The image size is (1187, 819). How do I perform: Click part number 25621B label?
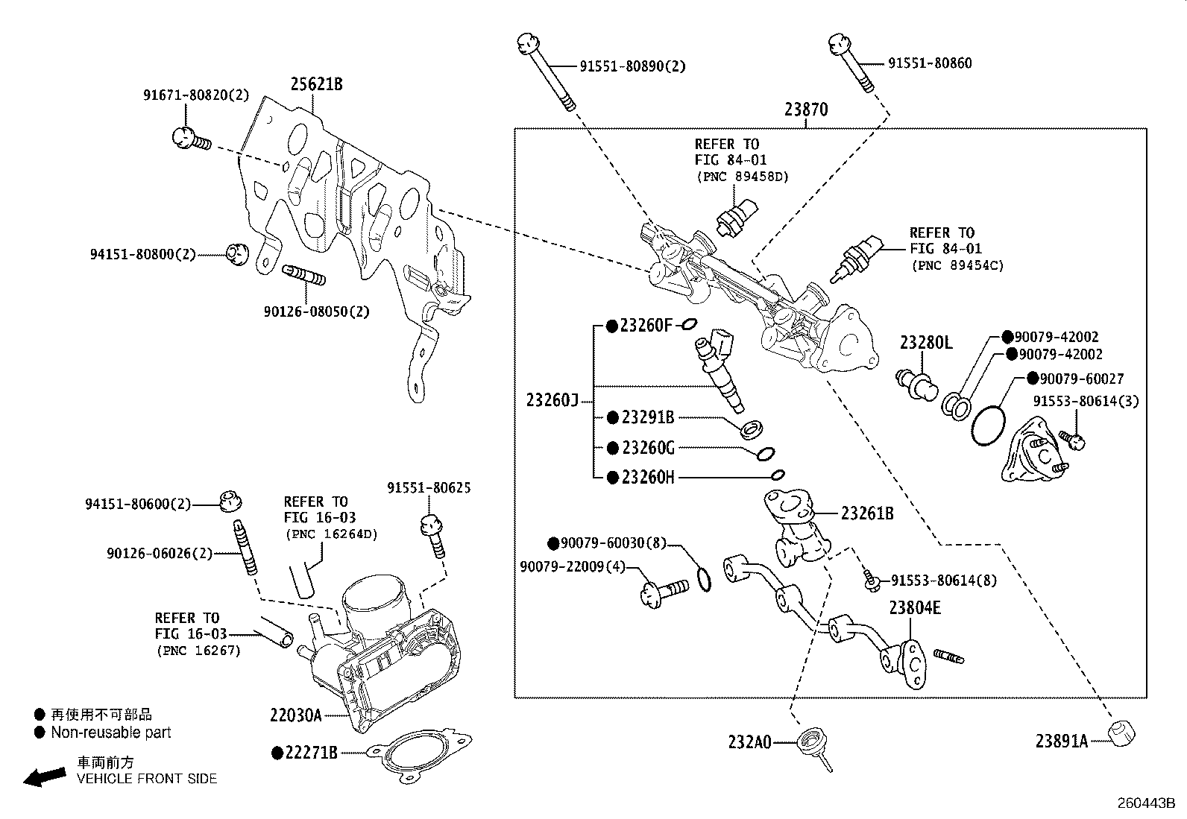(316, 83)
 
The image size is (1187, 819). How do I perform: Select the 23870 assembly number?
(805, 110)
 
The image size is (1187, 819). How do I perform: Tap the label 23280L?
(925, 342)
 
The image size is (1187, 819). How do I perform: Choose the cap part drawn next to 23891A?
(1121, 733)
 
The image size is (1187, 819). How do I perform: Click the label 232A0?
(749, 742)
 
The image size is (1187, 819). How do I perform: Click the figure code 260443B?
(1145, 803)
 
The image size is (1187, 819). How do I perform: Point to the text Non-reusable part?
(110, 733)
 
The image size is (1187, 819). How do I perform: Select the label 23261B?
(866, 513)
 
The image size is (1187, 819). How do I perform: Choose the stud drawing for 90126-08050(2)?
(303, 276)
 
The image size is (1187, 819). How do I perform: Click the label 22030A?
(295, 715)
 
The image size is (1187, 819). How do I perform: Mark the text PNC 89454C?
(957, 265)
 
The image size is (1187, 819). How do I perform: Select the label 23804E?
(914, 608)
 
